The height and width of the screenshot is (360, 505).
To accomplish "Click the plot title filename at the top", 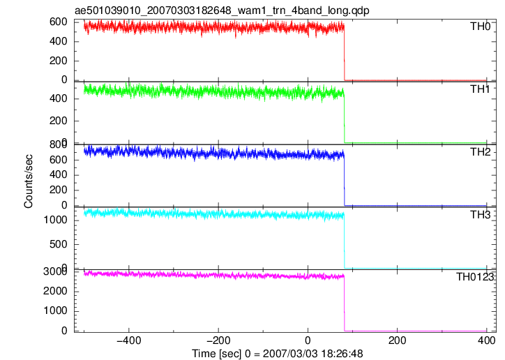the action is [222, 10].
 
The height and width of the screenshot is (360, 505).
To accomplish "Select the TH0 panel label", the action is [480, 26].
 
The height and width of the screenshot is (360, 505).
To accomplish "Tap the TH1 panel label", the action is [480, 89].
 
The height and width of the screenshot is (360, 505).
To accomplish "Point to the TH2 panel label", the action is [480, 151].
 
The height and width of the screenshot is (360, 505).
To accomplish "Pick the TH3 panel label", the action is [480, 214].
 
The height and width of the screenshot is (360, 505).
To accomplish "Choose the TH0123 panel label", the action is [475, 276].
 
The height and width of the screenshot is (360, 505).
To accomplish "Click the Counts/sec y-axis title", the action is [29, 181].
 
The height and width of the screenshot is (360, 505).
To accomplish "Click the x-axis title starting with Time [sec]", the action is [278, 354].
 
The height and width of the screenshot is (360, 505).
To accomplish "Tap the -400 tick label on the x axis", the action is [129, 340].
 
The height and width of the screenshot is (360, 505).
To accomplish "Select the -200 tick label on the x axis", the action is [218, 340].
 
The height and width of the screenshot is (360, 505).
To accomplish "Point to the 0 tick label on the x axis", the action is [308, 340].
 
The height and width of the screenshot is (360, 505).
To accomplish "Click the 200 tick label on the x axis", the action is [397, 340].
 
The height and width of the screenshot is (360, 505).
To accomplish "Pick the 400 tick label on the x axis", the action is [486, 340].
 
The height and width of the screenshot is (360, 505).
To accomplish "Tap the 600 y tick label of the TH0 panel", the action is [59, 22].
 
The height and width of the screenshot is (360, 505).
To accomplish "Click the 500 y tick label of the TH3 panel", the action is [58, 244].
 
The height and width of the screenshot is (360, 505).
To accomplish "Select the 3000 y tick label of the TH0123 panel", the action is [55, 271].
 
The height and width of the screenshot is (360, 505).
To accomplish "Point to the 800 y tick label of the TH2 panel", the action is [59, 144].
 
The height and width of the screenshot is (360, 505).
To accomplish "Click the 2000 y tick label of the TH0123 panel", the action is [55, 291].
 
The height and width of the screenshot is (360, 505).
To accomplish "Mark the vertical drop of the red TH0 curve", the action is [345, 53].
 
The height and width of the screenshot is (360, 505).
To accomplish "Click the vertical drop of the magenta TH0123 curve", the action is [345, 303].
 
